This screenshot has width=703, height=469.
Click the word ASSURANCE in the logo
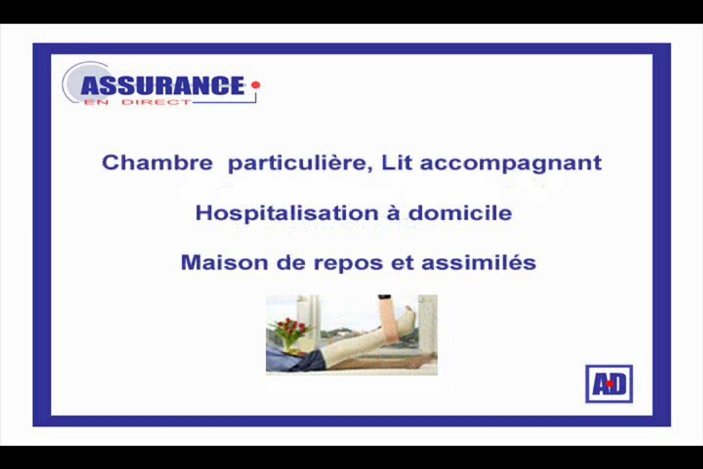(x=162, y=85)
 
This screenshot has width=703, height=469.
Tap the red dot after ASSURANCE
(x=256, y=85)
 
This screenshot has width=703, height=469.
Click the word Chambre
(x=157, y=162)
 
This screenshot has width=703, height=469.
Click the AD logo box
(x=609, y=384)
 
